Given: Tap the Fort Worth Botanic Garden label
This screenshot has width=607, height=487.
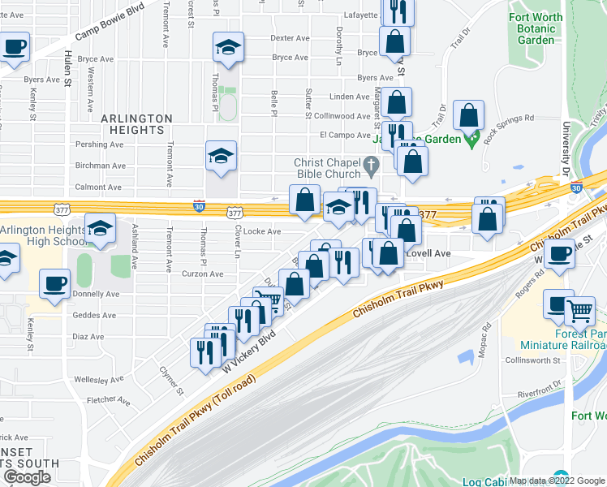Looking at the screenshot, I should click(543, 29).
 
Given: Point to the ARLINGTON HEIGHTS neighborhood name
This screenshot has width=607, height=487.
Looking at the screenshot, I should click(137, 124).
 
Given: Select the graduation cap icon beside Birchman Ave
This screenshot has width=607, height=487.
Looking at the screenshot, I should click(221, 156).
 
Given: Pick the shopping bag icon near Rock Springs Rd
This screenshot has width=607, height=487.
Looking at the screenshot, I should click(469, 116).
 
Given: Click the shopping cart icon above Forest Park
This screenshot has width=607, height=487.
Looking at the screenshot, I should click(579, 310).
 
